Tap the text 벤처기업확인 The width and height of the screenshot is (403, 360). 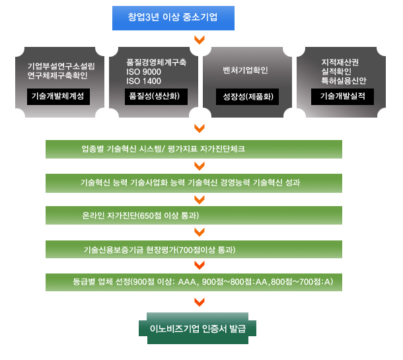pyautogui.click(x=246, y=69)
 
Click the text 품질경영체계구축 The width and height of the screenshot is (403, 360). pyautogui.click(x=156, y=61)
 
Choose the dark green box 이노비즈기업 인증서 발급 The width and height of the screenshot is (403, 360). pyautogui.click(x=196, y=328)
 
